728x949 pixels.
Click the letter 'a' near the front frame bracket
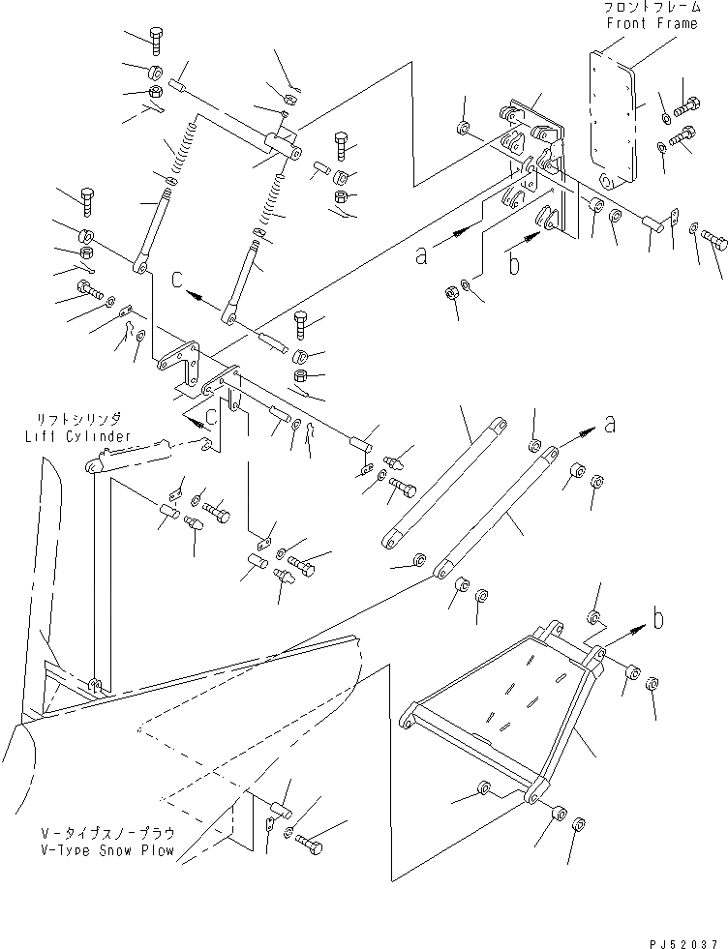[421, 254]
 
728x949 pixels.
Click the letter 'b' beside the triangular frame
[657, 619]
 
